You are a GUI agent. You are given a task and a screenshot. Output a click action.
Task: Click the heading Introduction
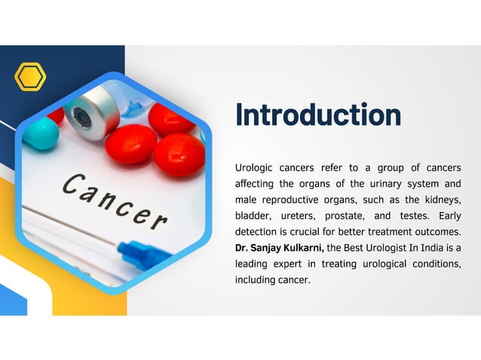pyautogui.click(x=317, y=115)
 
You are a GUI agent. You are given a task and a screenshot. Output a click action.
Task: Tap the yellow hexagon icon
pyautogui.click(x=30, y=77)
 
